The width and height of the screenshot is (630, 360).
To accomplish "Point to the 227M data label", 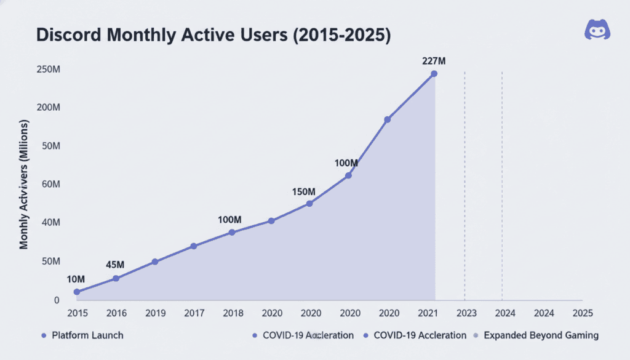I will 434,60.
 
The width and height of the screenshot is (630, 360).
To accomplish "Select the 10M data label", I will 77,279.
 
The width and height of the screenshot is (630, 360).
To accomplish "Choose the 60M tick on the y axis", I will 49,185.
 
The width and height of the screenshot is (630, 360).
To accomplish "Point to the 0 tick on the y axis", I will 56,300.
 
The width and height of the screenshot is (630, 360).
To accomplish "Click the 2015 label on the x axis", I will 77,313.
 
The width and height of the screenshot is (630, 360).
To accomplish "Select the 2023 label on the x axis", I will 466,313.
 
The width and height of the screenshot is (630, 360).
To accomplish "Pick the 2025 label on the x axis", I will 581,313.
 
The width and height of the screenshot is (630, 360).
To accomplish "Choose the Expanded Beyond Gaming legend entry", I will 541,335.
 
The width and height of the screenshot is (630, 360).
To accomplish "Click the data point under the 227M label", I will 434,74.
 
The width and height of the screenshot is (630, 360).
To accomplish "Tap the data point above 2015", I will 77,292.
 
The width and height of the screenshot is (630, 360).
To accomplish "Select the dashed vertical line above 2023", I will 465,185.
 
